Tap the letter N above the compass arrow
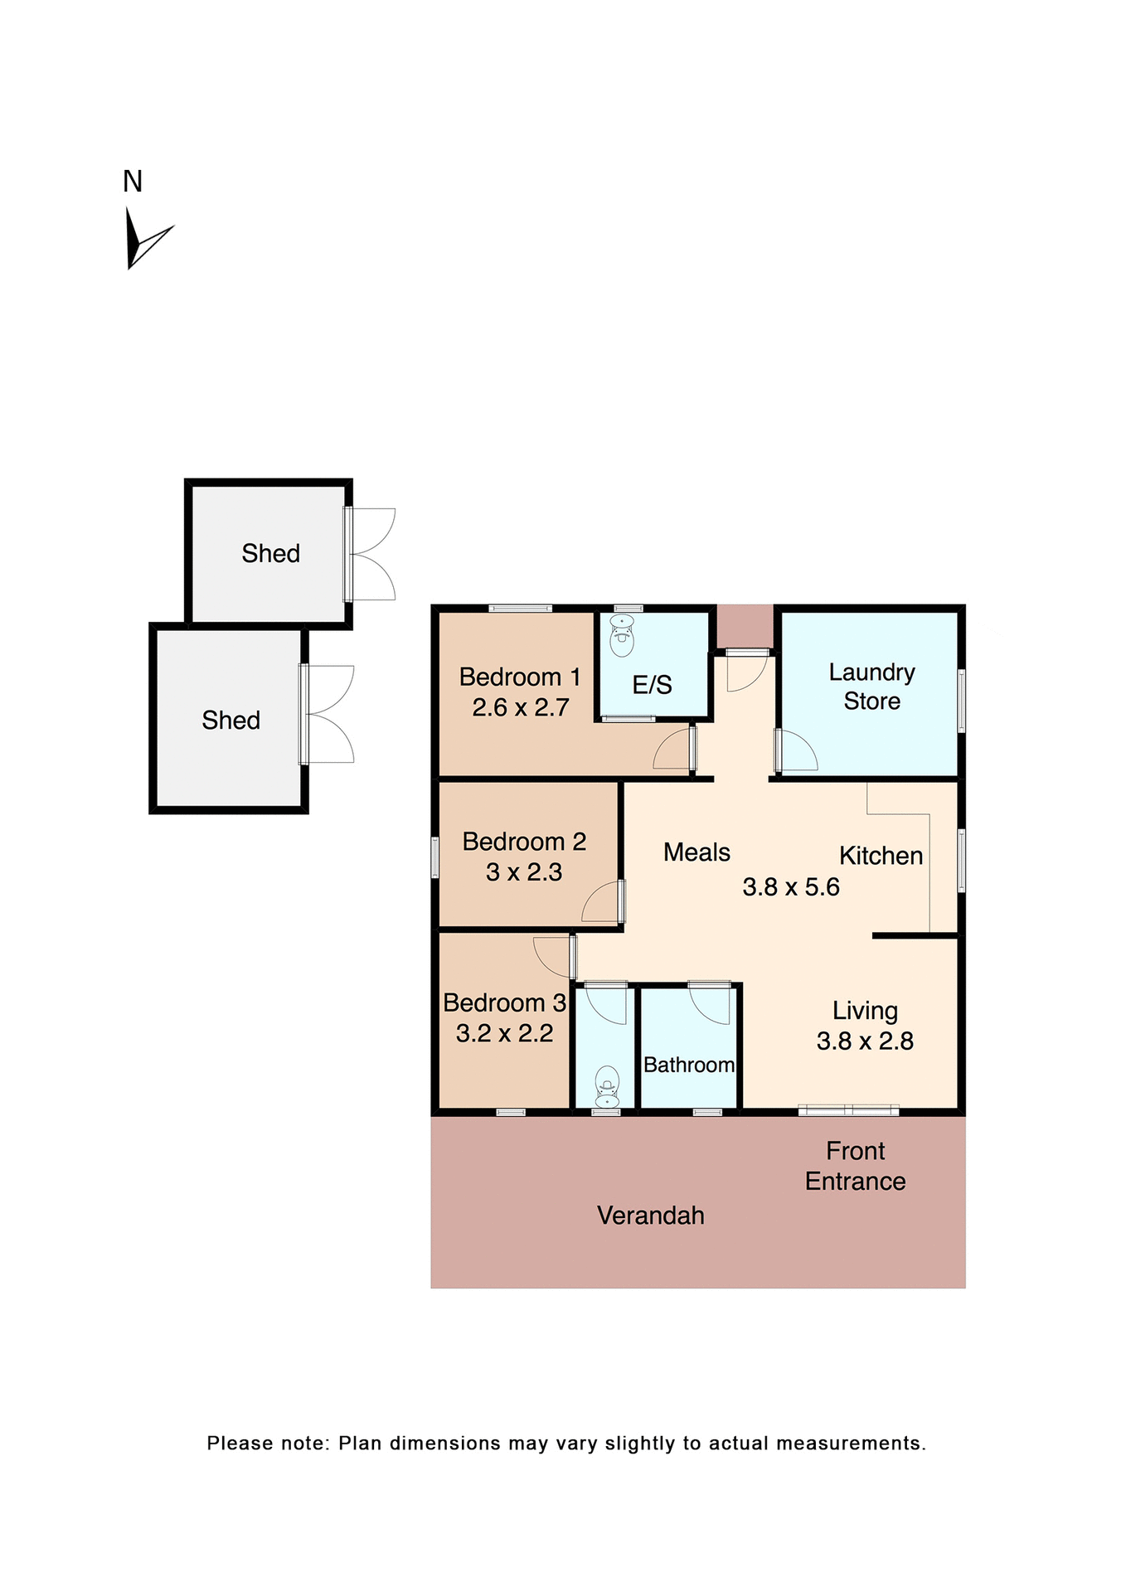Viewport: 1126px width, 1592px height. (133, 182)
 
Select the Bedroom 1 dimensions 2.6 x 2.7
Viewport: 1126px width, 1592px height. (520, 707)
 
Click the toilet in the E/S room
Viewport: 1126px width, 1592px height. (622, 635)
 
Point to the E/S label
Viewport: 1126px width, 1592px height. (652, 685)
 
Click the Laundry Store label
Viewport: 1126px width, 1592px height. (871, 687)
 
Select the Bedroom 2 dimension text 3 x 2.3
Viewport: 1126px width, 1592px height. (524, 872)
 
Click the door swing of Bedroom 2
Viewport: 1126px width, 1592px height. (601, 902)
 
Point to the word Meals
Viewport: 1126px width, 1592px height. (696, 852)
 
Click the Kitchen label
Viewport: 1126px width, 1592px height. (881, 856)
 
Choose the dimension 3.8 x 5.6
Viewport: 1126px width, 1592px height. (791, 887)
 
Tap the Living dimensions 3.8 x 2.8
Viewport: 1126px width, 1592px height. (865, 1041)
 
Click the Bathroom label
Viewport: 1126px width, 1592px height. (689, 1065)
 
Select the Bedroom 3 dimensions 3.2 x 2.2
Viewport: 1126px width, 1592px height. (504, 1033)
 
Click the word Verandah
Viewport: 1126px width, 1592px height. (651, 1216)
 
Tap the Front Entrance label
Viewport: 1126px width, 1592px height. (855, 1166)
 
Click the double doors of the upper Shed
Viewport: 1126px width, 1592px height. (372, 554)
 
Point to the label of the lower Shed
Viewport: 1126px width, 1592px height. (231, 720)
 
